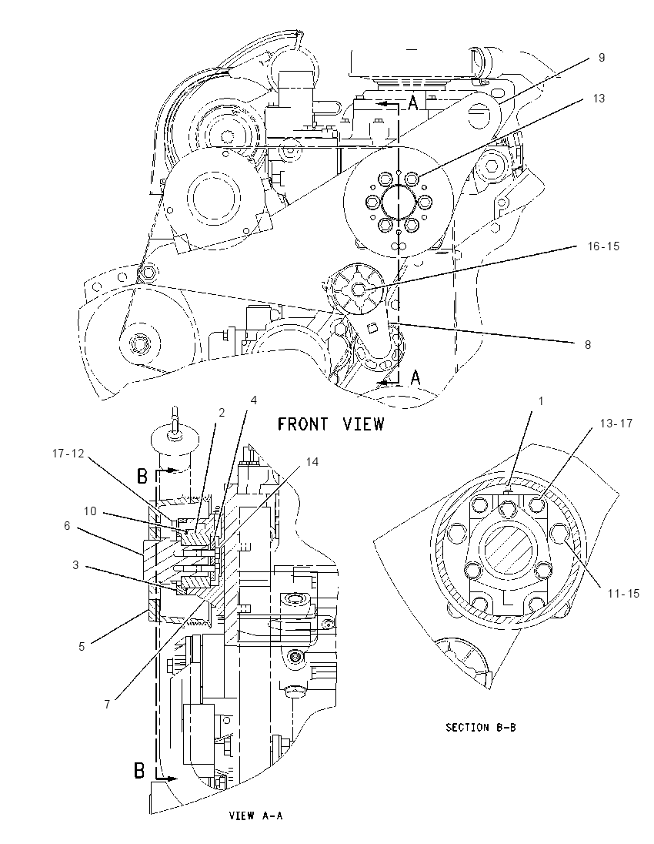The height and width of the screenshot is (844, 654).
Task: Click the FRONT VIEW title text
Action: pyautogui.click(x=331, y=424)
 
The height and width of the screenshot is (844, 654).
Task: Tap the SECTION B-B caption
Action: pyautogui.click(x=481, y=727)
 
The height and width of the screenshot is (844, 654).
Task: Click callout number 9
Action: pyautogui.click(x=601, y=58)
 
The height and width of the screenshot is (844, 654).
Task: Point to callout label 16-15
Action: pyautogui.click(x=603, y=246)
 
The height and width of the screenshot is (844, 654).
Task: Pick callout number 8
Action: pyautogui.click(x=588, y=344)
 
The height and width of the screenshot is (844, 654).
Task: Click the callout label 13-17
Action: pyautogui.click(x=616, y=424)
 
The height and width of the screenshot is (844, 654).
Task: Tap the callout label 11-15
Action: pyautogui.click(x=623, y=593)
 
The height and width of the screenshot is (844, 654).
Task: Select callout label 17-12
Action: pyautogui.click(x=68, y=454)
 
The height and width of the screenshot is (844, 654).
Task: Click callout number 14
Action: pyautogui.click(x=312, y=462)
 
